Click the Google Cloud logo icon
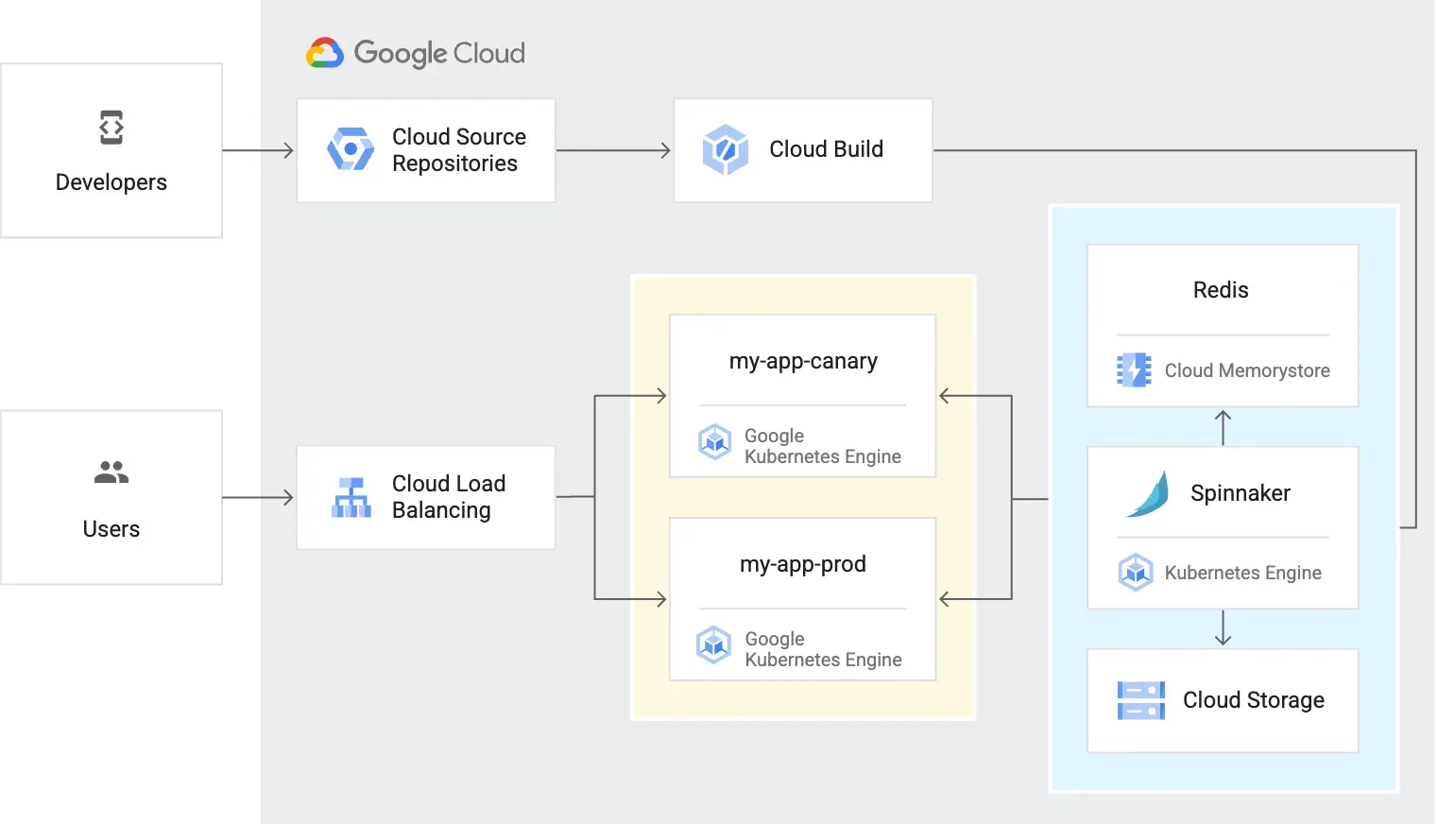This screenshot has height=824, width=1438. coord(324,53)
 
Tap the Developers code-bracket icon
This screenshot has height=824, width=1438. coord(111,128)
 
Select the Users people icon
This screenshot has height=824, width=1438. coord(111,472)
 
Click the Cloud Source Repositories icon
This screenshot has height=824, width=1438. coord(351,149)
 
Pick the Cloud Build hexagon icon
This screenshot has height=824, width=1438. coord(726,149)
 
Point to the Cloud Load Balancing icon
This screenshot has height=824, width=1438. coord(351,497)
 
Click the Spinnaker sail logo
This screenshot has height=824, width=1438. coord(1147,494)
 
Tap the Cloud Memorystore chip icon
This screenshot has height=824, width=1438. coord(1134,369)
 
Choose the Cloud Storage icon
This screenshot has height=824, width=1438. coord(1140,701)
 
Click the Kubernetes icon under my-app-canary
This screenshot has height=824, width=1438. coord(714,442)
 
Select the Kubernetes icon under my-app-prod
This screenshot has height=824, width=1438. coord(714,644)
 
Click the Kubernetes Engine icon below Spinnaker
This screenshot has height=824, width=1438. coord(1135,572)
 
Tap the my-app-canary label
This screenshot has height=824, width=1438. coord(803,362)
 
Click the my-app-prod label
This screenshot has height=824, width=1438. coord(803,564)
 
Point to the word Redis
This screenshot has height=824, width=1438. coord(1221,290)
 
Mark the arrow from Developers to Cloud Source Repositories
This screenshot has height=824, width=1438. coord(258,150)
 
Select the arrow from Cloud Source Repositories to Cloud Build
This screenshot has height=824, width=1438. coord(614,150)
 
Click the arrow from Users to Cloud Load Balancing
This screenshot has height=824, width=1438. coord(258,497)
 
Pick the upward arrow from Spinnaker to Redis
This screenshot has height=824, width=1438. coord(1223,428)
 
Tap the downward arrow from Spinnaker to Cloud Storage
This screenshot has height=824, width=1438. coord(1223,627)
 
